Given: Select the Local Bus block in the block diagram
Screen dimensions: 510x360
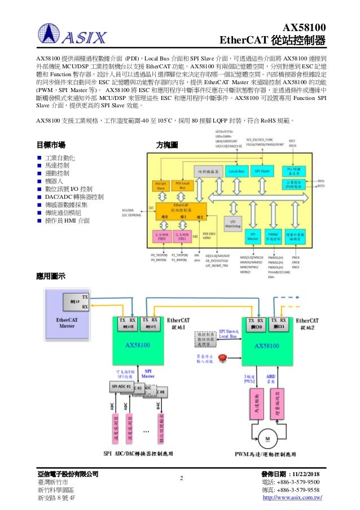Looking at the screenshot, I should pos(238,170).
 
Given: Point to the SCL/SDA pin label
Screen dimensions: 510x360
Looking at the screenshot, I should pos(130,211).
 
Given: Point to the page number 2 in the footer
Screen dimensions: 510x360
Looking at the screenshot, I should pos(182,480).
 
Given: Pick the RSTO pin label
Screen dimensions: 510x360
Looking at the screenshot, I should pos(321,184).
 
